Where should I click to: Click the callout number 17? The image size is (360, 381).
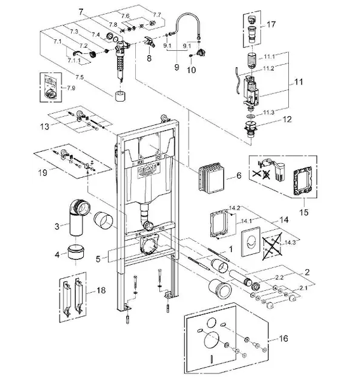click(x=271, y=24)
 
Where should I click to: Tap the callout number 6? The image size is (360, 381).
click(x=239, y=175)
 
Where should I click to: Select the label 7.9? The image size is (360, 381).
click(x=71, y=88)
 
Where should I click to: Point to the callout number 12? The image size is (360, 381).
click(x=287, y=119)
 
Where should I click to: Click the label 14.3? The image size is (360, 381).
click(x=291, y=243)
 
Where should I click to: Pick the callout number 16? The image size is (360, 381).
click(x=283, y=338)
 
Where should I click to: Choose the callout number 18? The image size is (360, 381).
click(x=101, y=290)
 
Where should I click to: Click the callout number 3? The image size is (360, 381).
click(x=57, y=227)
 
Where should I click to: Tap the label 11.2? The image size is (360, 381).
click(x=269, y=69)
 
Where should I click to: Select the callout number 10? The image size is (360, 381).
click(x=191, y=70)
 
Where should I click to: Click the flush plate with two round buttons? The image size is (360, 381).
click(x=250, y=241)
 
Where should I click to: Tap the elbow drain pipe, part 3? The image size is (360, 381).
click(x=77, y=217)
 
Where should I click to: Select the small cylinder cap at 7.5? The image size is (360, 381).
click(x=120, y=96)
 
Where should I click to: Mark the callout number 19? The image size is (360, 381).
click(x=43, y=173)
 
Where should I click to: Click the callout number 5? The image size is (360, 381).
click(x=98, y=259)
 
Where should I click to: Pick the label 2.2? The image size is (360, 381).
click(x=279, y=277)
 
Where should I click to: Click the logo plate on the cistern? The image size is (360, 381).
click(x=147, y=170)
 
